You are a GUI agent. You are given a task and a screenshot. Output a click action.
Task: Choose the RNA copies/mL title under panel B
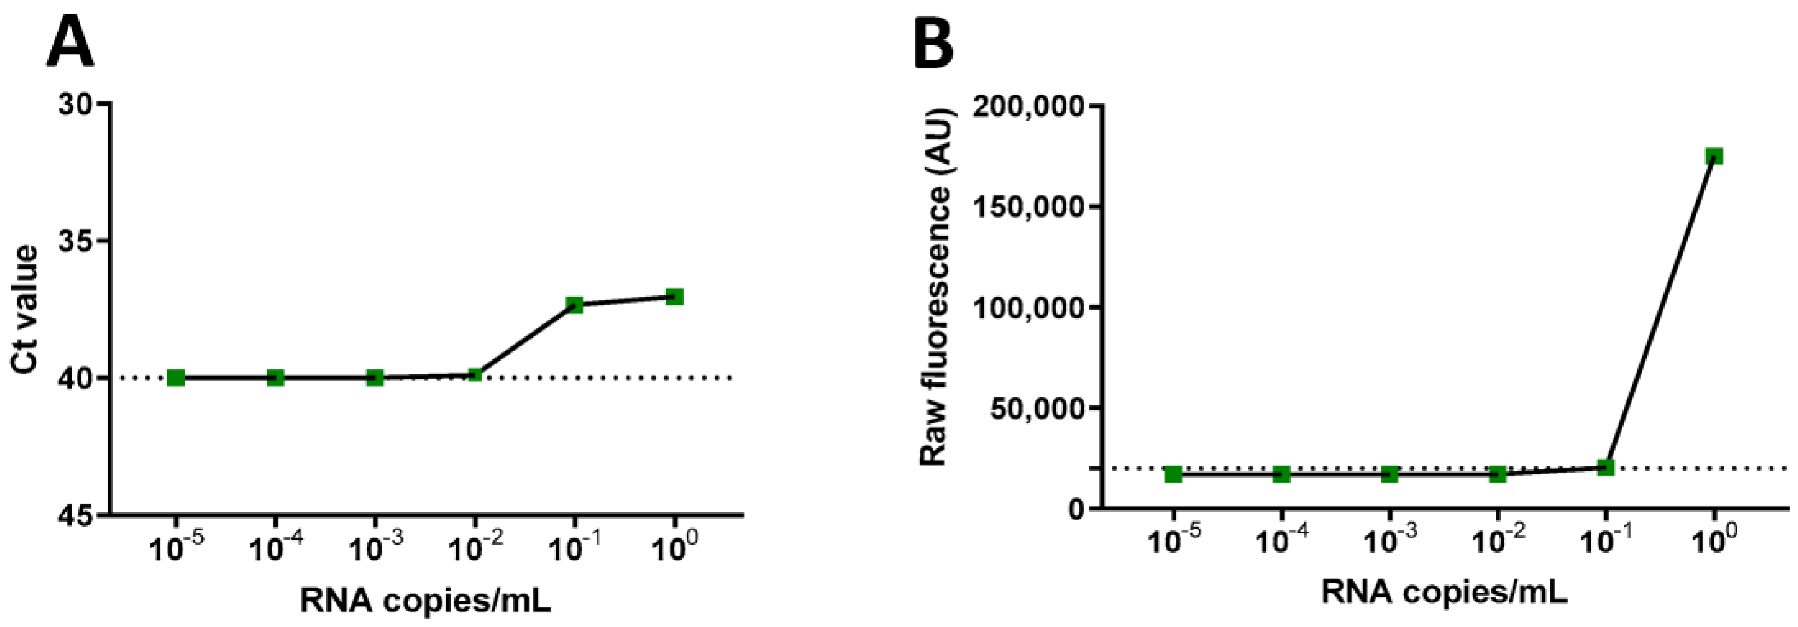pos(1444,592)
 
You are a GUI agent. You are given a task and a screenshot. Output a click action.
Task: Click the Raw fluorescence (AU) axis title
pos(933,286)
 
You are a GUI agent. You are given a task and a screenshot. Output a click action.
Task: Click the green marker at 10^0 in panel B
pos(1714,156)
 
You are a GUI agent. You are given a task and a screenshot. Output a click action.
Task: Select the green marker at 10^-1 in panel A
pos(574,304)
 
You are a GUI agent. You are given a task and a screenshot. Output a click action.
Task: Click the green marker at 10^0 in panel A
pos(674,297)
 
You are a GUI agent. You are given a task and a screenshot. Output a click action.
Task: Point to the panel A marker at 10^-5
pos(176,378)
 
